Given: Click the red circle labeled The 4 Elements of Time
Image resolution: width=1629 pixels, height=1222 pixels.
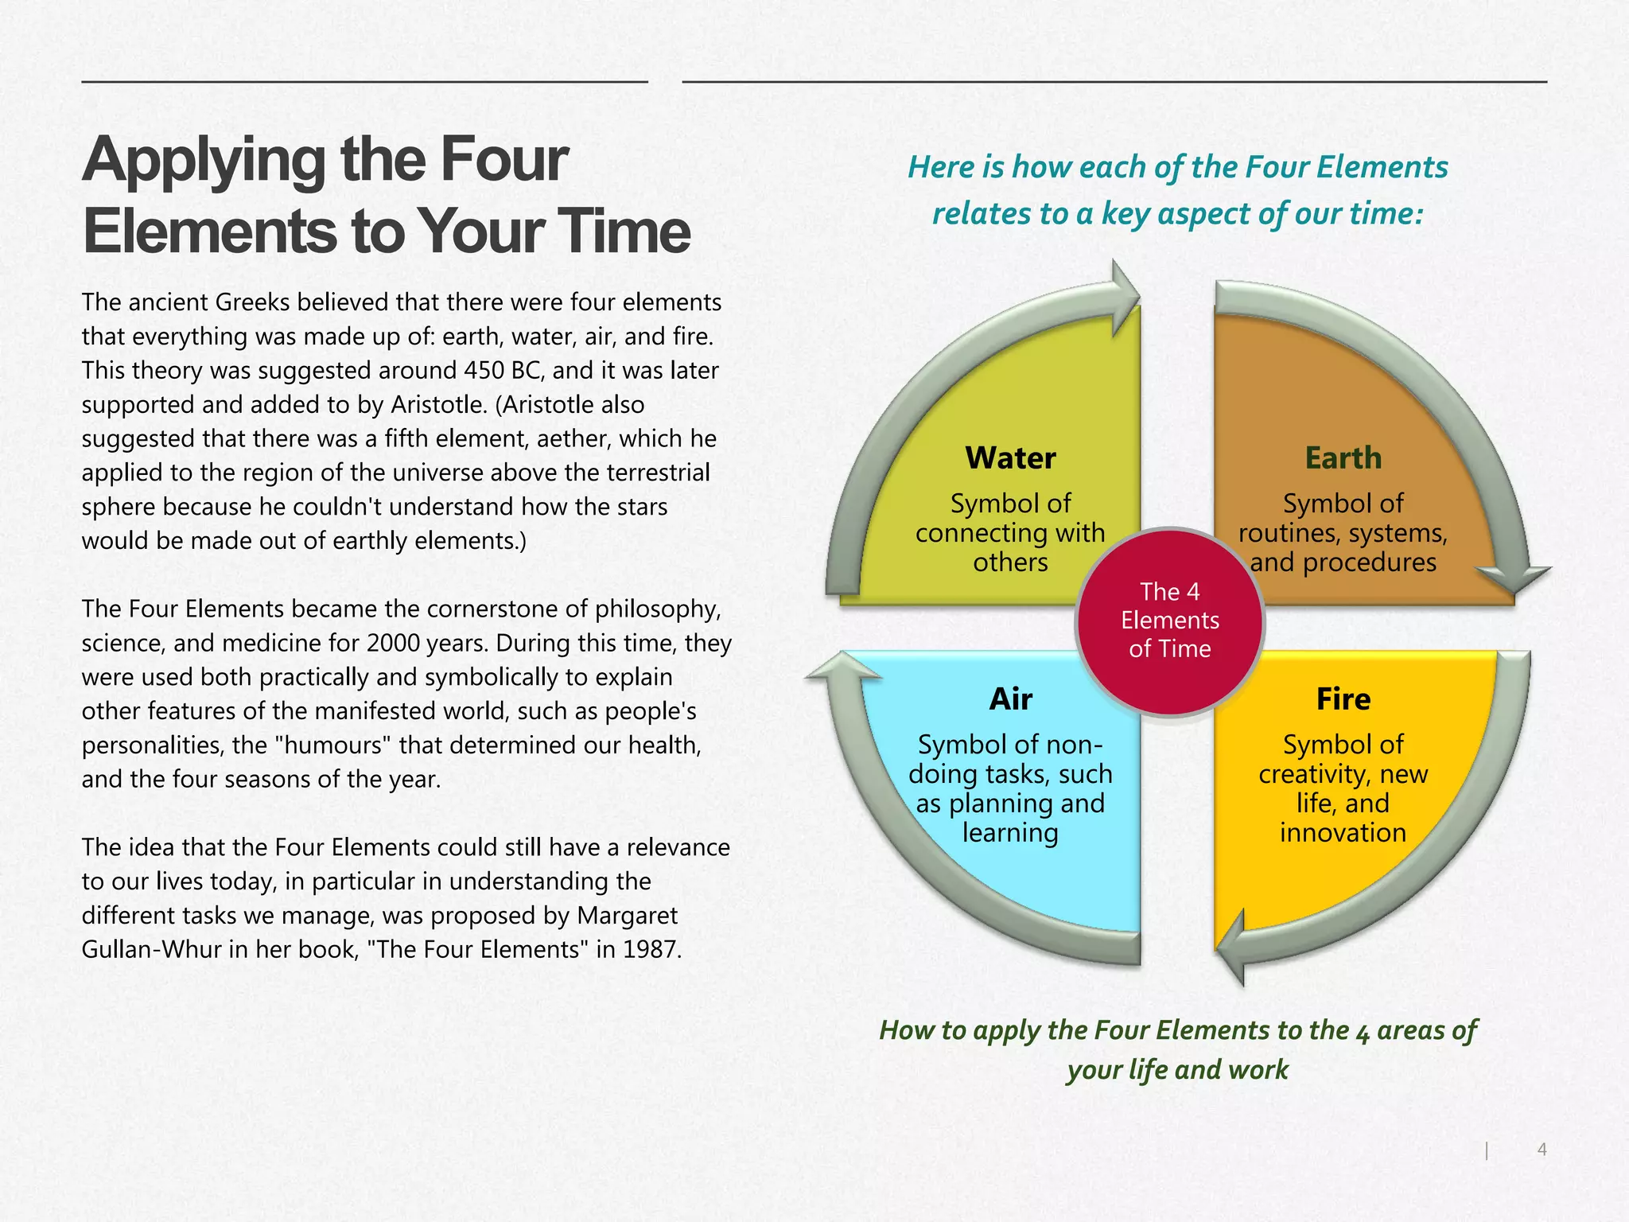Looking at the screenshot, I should (1169, 621).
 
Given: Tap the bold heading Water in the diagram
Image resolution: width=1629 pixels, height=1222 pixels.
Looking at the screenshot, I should (1010, 458).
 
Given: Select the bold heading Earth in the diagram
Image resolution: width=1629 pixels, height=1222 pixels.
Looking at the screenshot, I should (1343, 458).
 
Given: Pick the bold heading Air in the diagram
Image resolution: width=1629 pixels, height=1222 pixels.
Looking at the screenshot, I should (1010, 699).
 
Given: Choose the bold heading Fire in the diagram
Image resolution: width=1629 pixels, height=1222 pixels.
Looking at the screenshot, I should (1343, 699).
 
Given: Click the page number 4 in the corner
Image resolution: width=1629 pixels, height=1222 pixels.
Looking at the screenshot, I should (1542, 1149).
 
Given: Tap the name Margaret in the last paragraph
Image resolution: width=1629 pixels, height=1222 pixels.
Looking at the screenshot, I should (628, 916).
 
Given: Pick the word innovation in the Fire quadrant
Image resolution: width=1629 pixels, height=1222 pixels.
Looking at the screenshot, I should (1343, 833).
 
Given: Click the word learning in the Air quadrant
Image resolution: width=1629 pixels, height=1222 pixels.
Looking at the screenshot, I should (1010, 833).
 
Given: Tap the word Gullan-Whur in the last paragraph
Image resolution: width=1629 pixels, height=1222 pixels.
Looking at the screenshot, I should (151, 950).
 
